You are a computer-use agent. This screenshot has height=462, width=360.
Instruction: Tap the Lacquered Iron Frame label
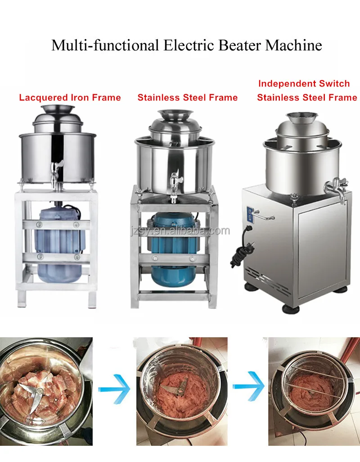(70, 97)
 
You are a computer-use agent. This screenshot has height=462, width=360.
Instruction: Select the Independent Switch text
(304, 83)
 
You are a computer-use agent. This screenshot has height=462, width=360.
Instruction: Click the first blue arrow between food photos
(114, 386)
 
